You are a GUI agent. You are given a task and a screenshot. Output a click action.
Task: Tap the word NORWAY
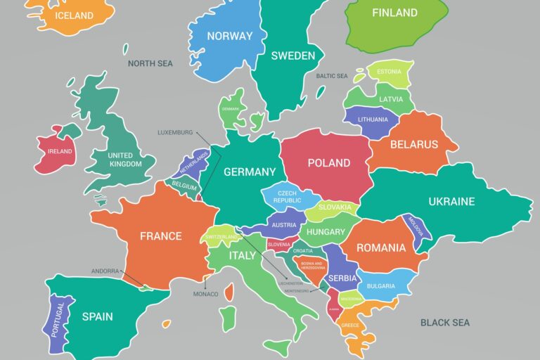229,36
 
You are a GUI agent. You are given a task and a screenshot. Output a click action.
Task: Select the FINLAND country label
394,13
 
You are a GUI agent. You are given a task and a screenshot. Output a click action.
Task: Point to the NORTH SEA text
150,63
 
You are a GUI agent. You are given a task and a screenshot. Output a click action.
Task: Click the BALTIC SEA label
332,76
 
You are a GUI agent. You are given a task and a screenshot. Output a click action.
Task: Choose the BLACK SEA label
444,323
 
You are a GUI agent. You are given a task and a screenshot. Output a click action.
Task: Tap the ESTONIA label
389,72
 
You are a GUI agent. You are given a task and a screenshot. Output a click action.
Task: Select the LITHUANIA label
373,120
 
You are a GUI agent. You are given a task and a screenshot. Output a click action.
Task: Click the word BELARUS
414,144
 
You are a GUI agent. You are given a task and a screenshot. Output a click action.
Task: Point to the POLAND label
328,162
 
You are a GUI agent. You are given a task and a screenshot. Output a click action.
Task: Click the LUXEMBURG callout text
175,132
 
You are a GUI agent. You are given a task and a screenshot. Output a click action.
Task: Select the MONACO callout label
206,294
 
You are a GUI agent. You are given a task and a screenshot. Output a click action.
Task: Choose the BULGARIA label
380,286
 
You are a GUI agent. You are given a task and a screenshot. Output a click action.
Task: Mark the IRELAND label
60,151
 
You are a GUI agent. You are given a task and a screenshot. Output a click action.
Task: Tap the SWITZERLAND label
221,238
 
